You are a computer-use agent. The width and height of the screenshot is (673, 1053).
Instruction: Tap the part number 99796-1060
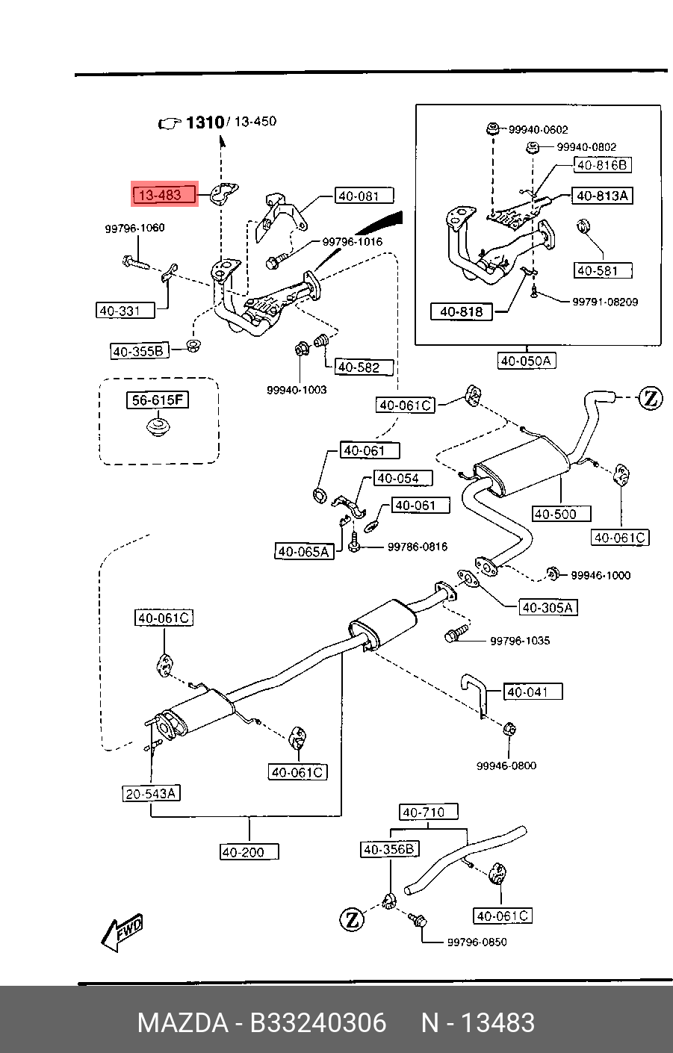tap(134, 228)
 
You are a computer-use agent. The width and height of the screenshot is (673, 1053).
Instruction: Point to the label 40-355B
tap(140, 351)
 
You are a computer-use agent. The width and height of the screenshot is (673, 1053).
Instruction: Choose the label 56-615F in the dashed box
tap(157, 400)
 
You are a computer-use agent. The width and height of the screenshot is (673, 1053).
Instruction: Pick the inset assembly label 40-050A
tap(527, 361)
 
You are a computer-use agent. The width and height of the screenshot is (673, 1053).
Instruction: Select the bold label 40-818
tap(462, 311)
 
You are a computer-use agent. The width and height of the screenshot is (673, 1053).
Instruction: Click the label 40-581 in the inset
tap(603, 270)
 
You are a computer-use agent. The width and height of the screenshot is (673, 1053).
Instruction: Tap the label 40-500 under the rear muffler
tap(561, 514)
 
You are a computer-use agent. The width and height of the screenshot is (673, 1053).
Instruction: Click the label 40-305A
tap(548, 607)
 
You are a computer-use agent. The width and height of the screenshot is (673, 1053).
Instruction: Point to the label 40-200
tap(249, 852)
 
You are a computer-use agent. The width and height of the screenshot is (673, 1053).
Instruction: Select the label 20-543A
tap(151, 794)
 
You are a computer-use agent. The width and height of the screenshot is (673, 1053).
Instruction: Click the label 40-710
tap(429, 812)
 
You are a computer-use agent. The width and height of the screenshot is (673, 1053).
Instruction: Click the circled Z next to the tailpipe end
tap(651, 398)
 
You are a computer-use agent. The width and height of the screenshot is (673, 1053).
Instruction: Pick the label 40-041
tap(533, 692)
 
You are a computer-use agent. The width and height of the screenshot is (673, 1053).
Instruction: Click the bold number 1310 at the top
tap(205, 122)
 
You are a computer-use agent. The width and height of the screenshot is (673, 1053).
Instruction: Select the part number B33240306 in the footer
tap(318, 1023)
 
